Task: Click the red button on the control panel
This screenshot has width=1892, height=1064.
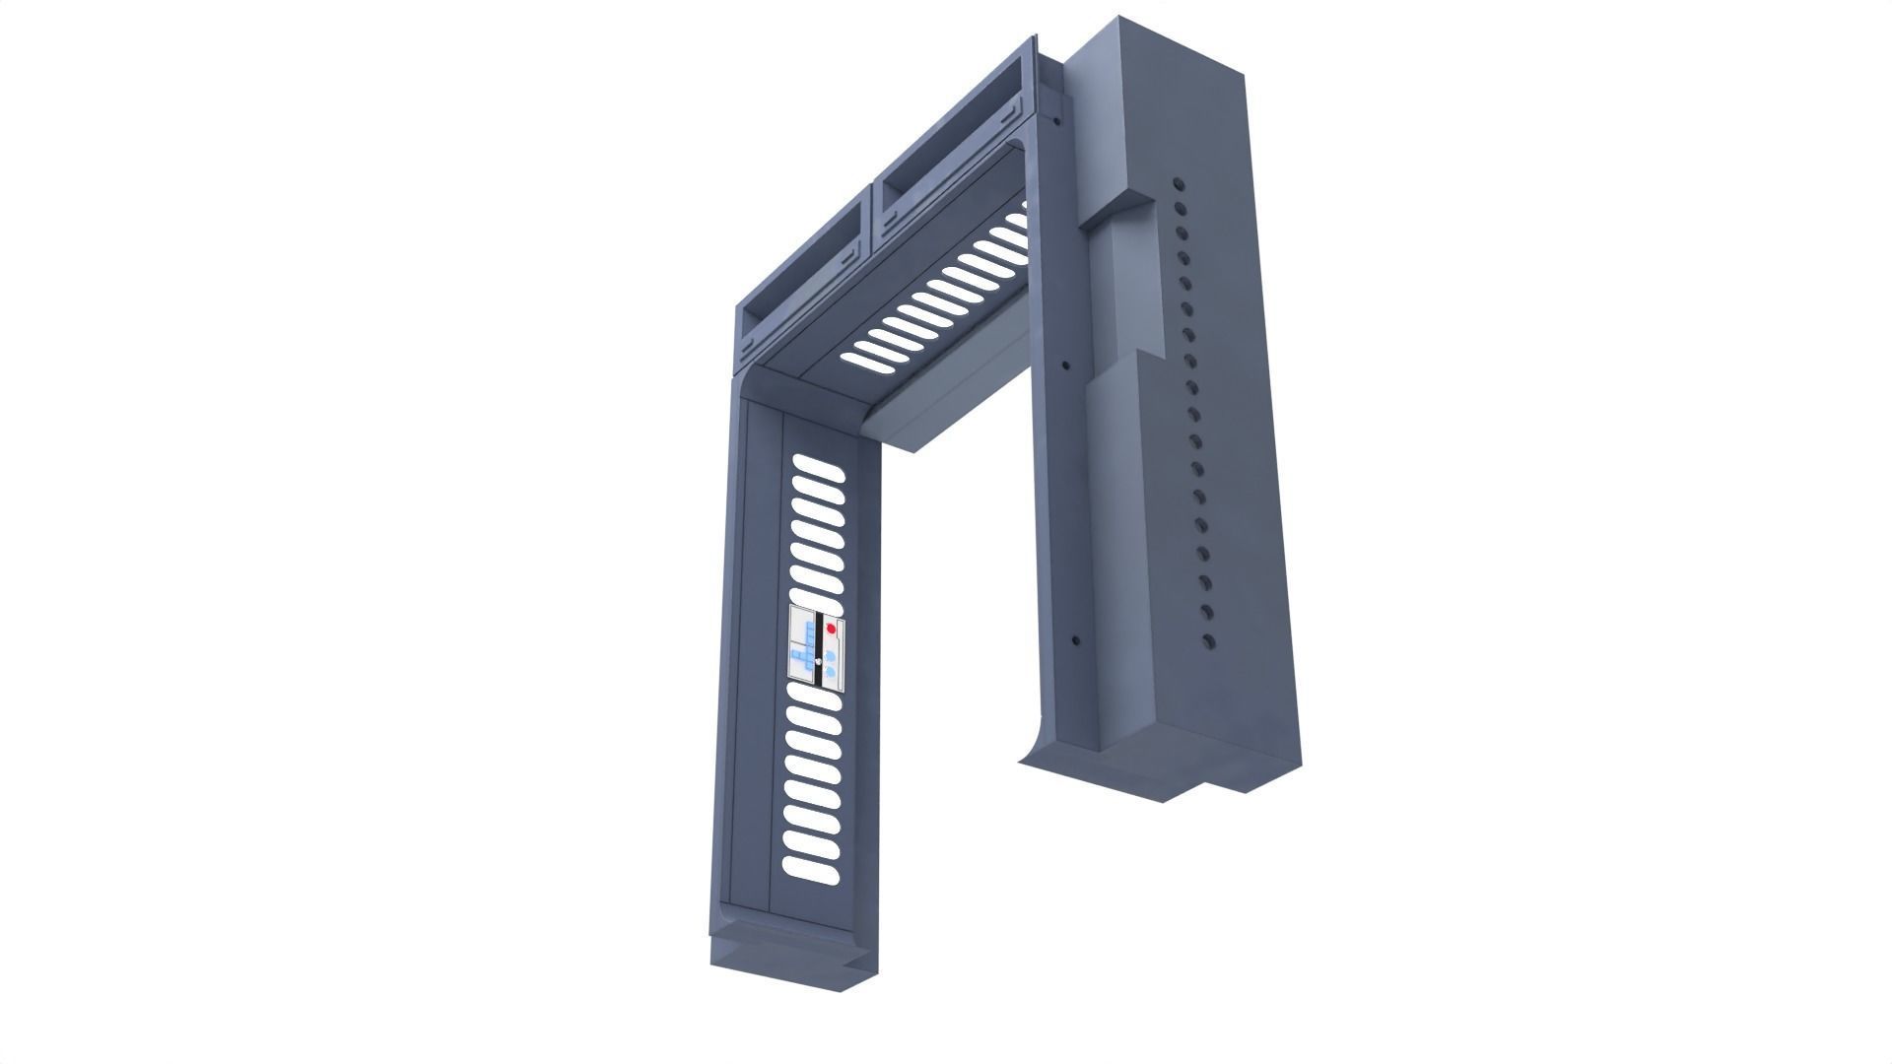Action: (831, 628)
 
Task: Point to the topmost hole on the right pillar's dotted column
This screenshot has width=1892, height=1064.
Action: (1178, 183)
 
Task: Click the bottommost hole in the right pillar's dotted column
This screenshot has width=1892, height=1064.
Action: (1208, 642)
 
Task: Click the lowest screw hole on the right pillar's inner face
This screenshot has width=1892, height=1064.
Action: (1076, 639)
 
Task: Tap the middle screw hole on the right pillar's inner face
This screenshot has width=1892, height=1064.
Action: (1065, 366)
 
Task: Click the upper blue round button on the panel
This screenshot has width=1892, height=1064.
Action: (831, 654)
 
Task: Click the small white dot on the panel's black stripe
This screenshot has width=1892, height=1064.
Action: (818, 661)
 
